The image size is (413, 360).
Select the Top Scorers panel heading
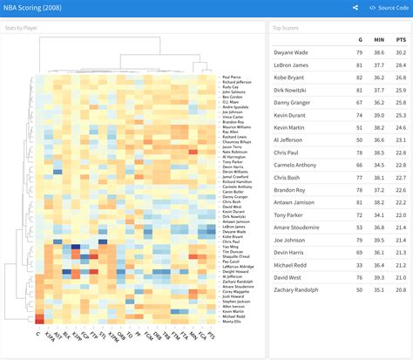(x=292, y=28)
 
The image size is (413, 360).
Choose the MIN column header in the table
(x=379, y=40)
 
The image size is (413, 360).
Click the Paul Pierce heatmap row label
(x=232, y=77)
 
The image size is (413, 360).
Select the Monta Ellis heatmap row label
(x=232, y=322)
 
